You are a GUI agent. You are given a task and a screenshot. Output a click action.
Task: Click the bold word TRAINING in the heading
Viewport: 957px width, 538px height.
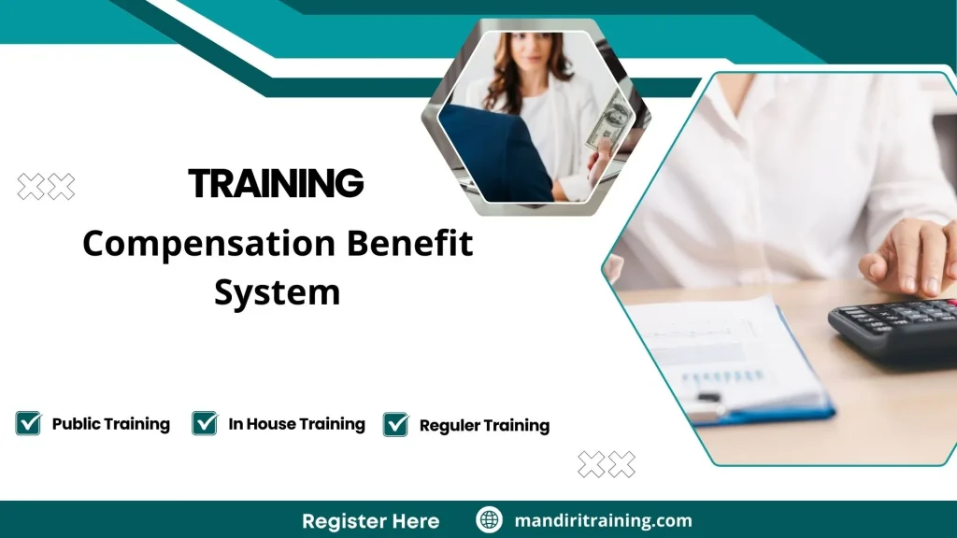coord(276,183)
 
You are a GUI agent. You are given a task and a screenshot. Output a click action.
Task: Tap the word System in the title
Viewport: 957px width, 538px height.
coord(277,293)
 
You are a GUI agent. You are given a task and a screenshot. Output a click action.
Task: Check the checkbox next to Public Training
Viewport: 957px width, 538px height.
coord(28,423)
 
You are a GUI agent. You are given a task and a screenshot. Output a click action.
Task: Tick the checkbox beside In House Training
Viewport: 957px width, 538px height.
coord(205,423)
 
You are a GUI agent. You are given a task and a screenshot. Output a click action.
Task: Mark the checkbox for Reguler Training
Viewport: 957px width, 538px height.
coord(396,425)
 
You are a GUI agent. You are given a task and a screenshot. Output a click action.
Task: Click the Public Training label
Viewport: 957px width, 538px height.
coord(110,424)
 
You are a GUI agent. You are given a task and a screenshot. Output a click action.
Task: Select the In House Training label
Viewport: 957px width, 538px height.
coord(296,424)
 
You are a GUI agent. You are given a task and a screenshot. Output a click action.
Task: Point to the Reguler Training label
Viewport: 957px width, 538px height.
coord(484,426)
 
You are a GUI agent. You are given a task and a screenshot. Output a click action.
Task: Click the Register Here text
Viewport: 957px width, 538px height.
coord(370,521)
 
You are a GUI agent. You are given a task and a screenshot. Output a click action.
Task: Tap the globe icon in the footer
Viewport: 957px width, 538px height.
coord(489,520)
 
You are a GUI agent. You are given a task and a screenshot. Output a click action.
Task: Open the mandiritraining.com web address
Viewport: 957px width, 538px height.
coord(603,521)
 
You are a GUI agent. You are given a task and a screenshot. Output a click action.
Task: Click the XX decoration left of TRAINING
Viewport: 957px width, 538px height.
coord(46,187)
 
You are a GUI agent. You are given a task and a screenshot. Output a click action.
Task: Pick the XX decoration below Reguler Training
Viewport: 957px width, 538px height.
coord(607,464)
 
